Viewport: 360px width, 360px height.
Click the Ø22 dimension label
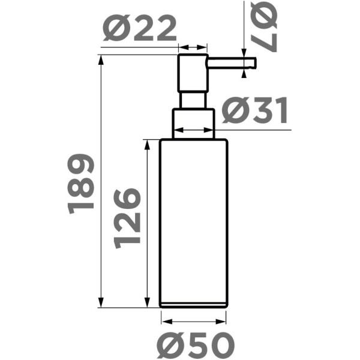tap(140, 28)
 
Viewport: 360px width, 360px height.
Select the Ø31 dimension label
tap(254, 112)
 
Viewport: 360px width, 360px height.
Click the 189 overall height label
tap(82, 184)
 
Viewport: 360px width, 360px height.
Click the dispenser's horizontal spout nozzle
tap(232, 61)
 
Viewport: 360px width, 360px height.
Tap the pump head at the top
tap(193, 73)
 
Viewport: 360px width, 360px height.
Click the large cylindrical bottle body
tap(193, 222)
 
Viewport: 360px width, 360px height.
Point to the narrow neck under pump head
tap(193, 100)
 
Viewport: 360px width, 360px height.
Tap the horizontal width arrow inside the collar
tap(193, 130)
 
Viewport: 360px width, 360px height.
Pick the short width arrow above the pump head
tap(193, 47)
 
